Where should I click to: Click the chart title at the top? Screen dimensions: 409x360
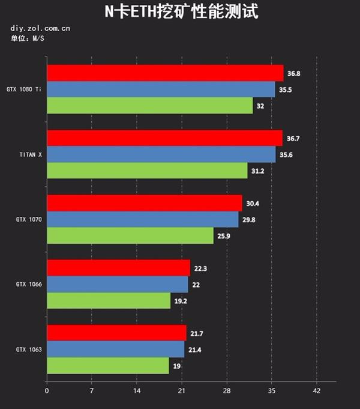pos(180,11)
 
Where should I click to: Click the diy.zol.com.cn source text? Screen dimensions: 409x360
pos(40,28)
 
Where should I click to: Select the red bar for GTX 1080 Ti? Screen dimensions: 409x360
pos(165,73)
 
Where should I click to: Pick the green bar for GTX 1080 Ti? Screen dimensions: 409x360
pos(149,106)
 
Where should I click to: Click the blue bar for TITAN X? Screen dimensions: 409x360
pos(161,154)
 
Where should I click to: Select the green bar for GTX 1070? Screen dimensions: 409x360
pos(130,236)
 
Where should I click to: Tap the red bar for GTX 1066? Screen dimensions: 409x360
pos(118,268)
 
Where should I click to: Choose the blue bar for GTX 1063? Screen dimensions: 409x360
pos(115,349)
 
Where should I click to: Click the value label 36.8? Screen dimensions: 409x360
pos(294,73)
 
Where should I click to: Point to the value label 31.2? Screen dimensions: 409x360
pos(258,171)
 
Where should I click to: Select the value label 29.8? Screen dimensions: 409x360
pos(249,220)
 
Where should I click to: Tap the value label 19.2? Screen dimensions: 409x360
pos(182,301)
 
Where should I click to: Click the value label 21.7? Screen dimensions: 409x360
pos(197,333)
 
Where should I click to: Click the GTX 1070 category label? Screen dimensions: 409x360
pos(29,220)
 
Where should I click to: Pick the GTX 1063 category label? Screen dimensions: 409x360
pos(29,349)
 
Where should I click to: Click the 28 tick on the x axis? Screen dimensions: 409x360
pos(227,391)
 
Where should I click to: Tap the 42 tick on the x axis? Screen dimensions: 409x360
pos(317,391)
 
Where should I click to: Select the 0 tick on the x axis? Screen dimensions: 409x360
pos(47,391)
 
